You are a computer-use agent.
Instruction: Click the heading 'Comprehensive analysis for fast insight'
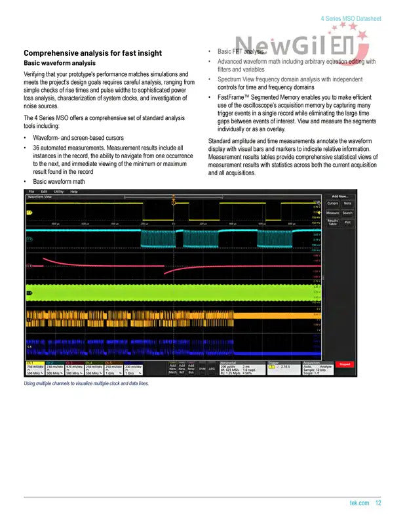point(92,52)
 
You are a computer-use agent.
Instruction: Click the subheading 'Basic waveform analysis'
point(60,63)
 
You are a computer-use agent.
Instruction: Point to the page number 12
point(379,503)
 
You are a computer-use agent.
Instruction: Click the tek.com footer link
point(360,503)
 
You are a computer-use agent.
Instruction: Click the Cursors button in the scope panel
point(333,203)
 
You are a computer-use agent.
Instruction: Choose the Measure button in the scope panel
point(333,213)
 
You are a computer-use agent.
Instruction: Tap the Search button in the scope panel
point(347,213)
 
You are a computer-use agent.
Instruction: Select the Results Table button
point(333,222)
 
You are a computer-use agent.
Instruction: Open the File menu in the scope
point(31,191)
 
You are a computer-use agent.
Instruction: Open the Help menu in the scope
point(73,191)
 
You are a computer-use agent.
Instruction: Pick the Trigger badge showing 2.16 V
point(282,367)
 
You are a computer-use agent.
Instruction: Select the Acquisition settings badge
point(317,369)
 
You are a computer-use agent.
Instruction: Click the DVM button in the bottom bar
point(202,369)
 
